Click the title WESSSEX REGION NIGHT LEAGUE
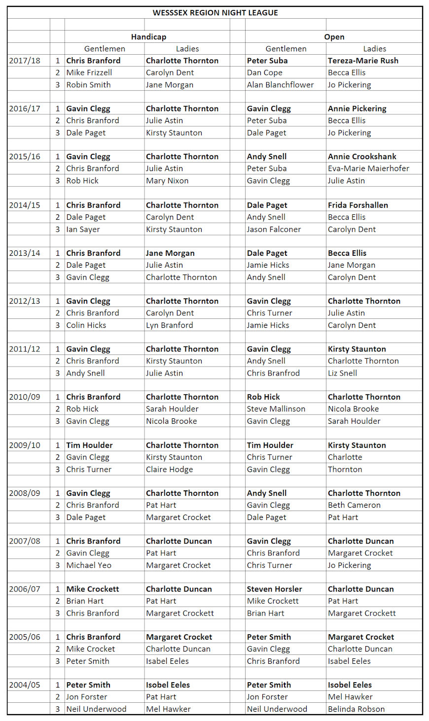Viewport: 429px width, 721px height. tap(215, 13)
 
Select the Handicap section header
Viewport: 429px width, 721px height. tap(148, 37)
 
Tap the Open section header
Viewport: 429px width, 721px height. tap(334, 37)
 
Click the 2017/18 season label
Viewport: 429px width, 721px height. tap(25, 61)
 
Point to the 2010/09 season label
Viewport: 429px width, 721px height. tap(25, 397)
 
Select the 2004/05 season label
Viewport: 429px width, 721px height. tap(25, 685)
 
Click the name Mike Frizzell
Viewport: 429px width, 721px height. tap(89, 72)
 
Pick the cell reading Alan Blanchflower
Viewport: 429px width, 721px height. tap(280, 85)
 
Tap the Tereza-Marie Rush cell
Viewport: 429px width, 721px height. tap(363, 61)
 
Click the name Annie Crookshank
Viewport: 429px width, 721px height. tap(362, 157)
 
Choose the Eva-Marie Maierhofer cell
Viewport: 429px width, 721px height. tap(368, 169)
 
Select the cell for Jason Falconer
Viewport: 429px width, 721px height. tap(274, 229)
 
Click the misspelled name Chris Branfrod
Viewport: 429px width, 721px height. tap(273, 373)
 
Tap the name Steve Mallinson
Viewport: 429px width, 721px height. tap(276, 409)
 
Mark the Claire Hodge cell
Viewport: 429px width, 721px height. tap(169, 470)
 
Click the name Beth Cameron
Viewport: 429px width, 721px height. tap(354, 505)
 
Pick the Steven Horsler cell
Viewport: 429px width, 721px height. tap(274, 589)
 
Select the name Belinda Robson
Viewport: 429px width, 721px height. tap(356, 709)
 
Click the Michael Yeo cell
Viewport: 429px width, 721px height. tap(89, 565)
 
